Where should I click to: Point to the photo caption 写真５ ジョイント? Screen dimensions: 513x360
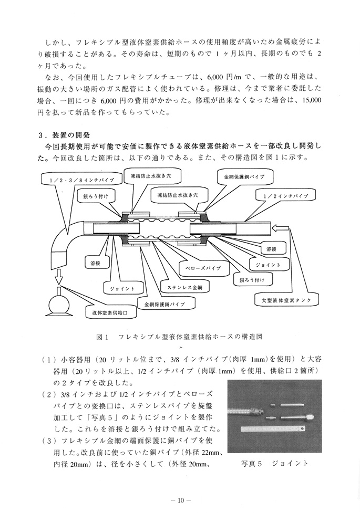pos(273,464)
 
